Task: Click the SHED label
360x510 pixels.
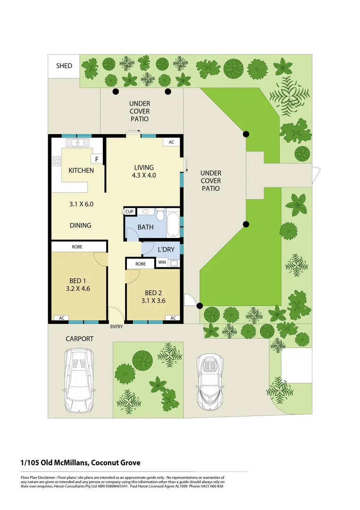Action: [x=64, y=66]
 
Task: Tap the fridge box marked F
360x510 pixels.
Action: [x=97, y=160]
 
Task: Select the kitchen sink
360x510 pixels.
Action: [x=77, y=142]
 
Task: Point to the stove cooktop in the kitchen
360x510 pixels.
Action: [x=57, y=161]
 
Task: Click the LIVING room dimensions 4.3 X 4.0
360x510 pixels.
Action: [x=144, y=175]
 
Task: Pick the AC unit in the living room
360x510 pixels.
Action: [x=171, y=142]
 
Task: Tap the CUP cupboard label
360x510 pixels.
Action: [x=129, y=212]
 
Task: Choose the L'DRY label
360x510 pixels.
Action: [x=166, y=249]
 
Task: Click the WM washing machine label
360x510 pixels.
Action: [x=162, y=262]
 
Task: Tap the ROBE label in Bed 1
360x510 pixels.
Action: [x=77, y=246]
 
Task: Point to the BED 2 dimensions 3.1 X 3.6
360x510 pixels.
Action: [x=153, y=300]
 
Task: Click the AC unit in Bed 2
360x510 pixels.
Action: [x=173, y=318]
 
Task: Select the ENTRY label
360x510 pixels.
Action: [x=117, y=327]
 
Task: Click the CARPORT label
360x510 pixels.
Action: [x=79, y=339]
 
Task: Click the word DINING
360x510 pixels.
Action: [x=80, y=225]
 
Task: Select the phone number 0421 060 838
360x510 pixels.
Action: [x=207, y=486]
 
